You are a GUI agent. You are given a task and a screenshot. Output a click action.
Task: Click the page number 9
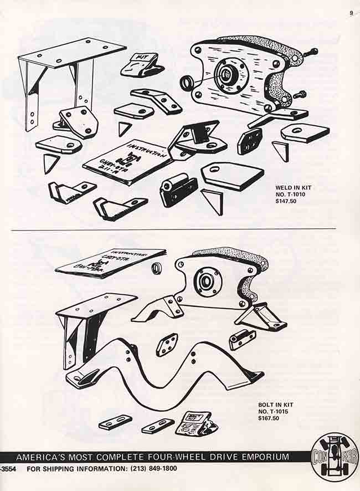point(351,13)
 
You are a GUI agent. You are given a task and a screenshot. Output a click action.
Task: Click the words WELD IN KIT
point(294,188)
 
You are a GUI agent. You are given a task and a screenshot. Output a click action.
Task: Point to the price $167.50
point(269,418)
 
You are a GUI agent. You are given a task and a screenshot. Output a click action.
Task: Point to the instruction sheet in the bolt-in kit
point(109,262)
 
